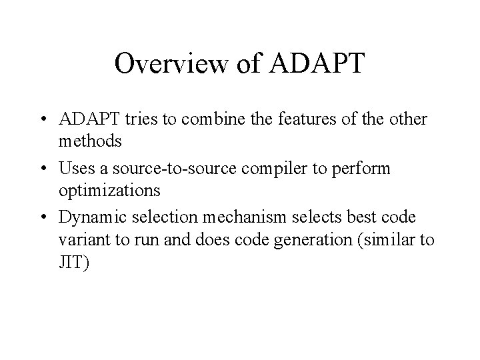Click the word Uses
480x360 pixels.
tap(73, 169)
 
